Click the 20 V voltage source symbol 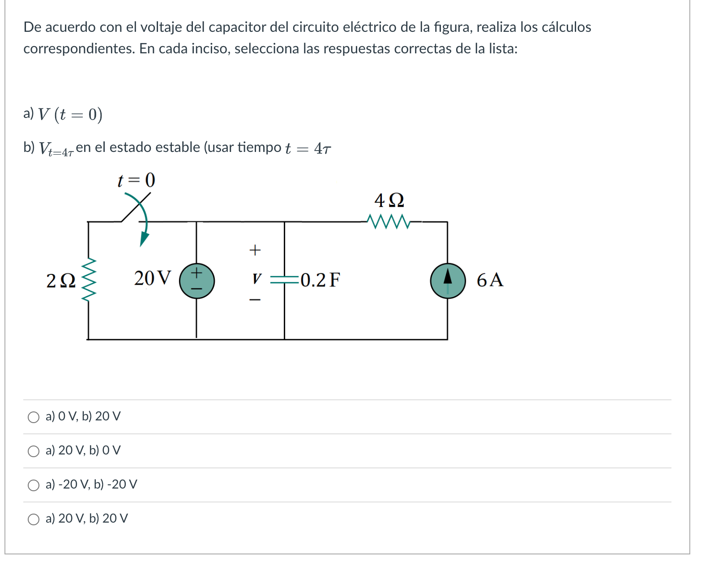pyautogui.click(x=197, y=281)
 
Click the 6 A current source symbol pyautogui.click(x=448, y=281)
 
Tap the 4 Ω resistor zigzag pyautogui.click(x=388, y=221)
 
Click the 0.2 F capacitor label pyautogui.click(x=320, y=280)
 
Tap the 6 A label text pyautogui.click(x=490, y=280)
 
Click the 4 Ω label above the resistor pyautogui.click(x=389, y=200)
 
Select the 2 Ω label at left pyautogui.click(x=61, y=281)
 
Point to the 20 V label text pyautogui.click(x=152, y=278)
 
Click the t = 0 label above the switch pyautogui.click(x=136, y=180)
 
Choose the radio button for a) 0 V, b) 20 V pyautogui.click(x=34, y=417)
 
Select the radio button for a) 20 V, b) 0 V pyautogui.click(x=34, y=451)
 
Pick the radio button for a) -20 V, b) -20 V pyautogui.click(x=34, y=485)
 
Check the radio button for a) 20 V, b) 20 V pyautogui.click(x=34, y=519)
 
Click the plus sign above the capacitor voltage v pyautogui.click(x=255, y=250)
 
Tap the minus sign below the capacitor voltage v pyautogui.click(x=255, y=300)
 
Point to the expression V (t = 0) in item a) pyautogui.click(x=70, y=115)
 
